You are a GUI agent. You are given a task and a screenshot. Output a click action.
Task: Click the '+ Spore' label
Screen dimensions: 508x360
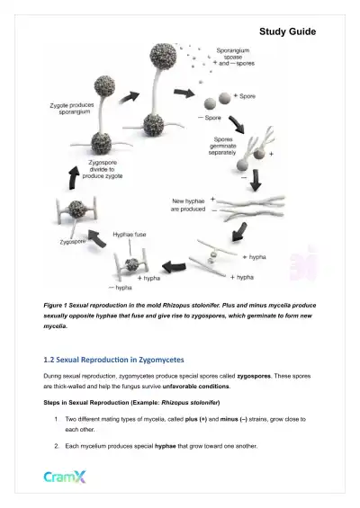(x=244, y=94)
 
